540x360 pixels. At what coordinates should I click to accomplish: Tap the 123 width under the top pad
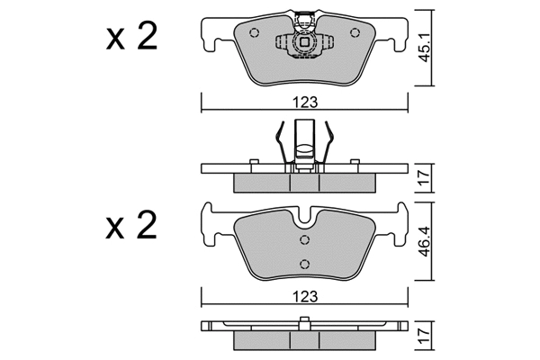coord(306,103)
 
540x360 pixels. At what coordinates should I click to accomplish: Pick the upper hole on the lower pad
coord(306,239)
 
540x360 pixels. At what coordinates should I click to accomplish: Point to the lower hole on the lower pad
coord(306,263)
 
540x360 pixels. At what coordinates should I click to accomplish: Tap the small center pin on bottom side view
coord(306,322)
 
